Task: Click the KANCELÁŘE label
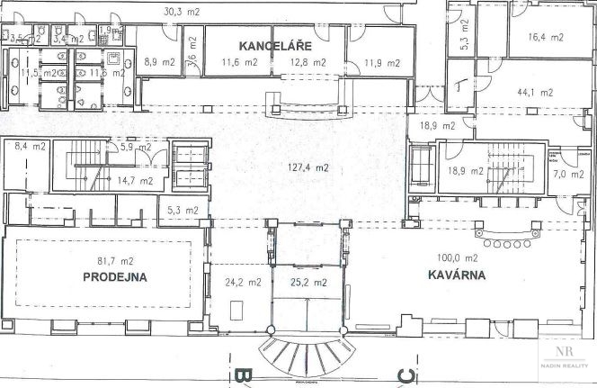[273, 45]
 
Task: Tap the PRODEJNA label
[115, 278]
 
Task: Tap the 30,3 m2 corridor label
[183, 12]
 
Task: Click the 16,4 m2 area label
[547, 38]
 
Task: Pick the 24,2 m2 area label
[242, 282]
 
